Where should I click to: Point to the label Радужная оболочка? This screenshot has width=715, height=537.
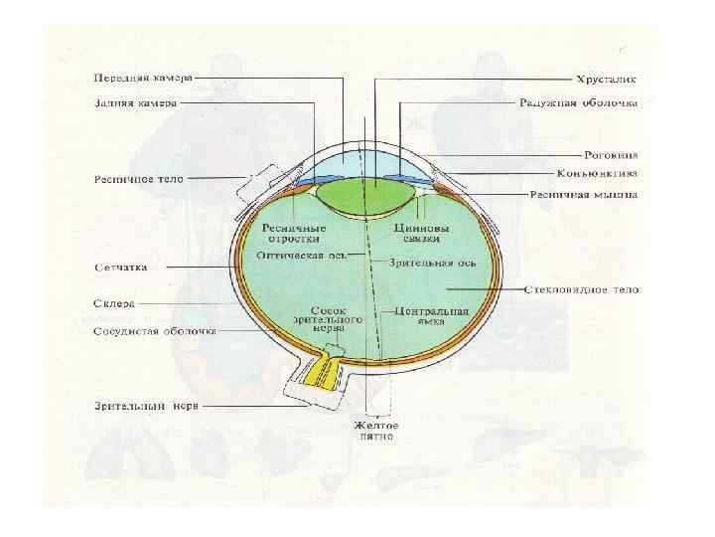pos(578,102)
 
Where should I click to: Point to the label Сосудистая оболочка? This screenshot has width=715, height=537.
pos(154,331)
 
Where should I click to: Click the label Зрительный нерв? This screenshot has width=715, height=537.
pos(141,406)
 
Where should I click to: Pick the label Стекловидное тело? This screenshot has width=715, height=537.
pos(581,289)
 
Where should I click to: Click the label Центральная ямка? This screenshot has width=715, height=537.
pos(431,316)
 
